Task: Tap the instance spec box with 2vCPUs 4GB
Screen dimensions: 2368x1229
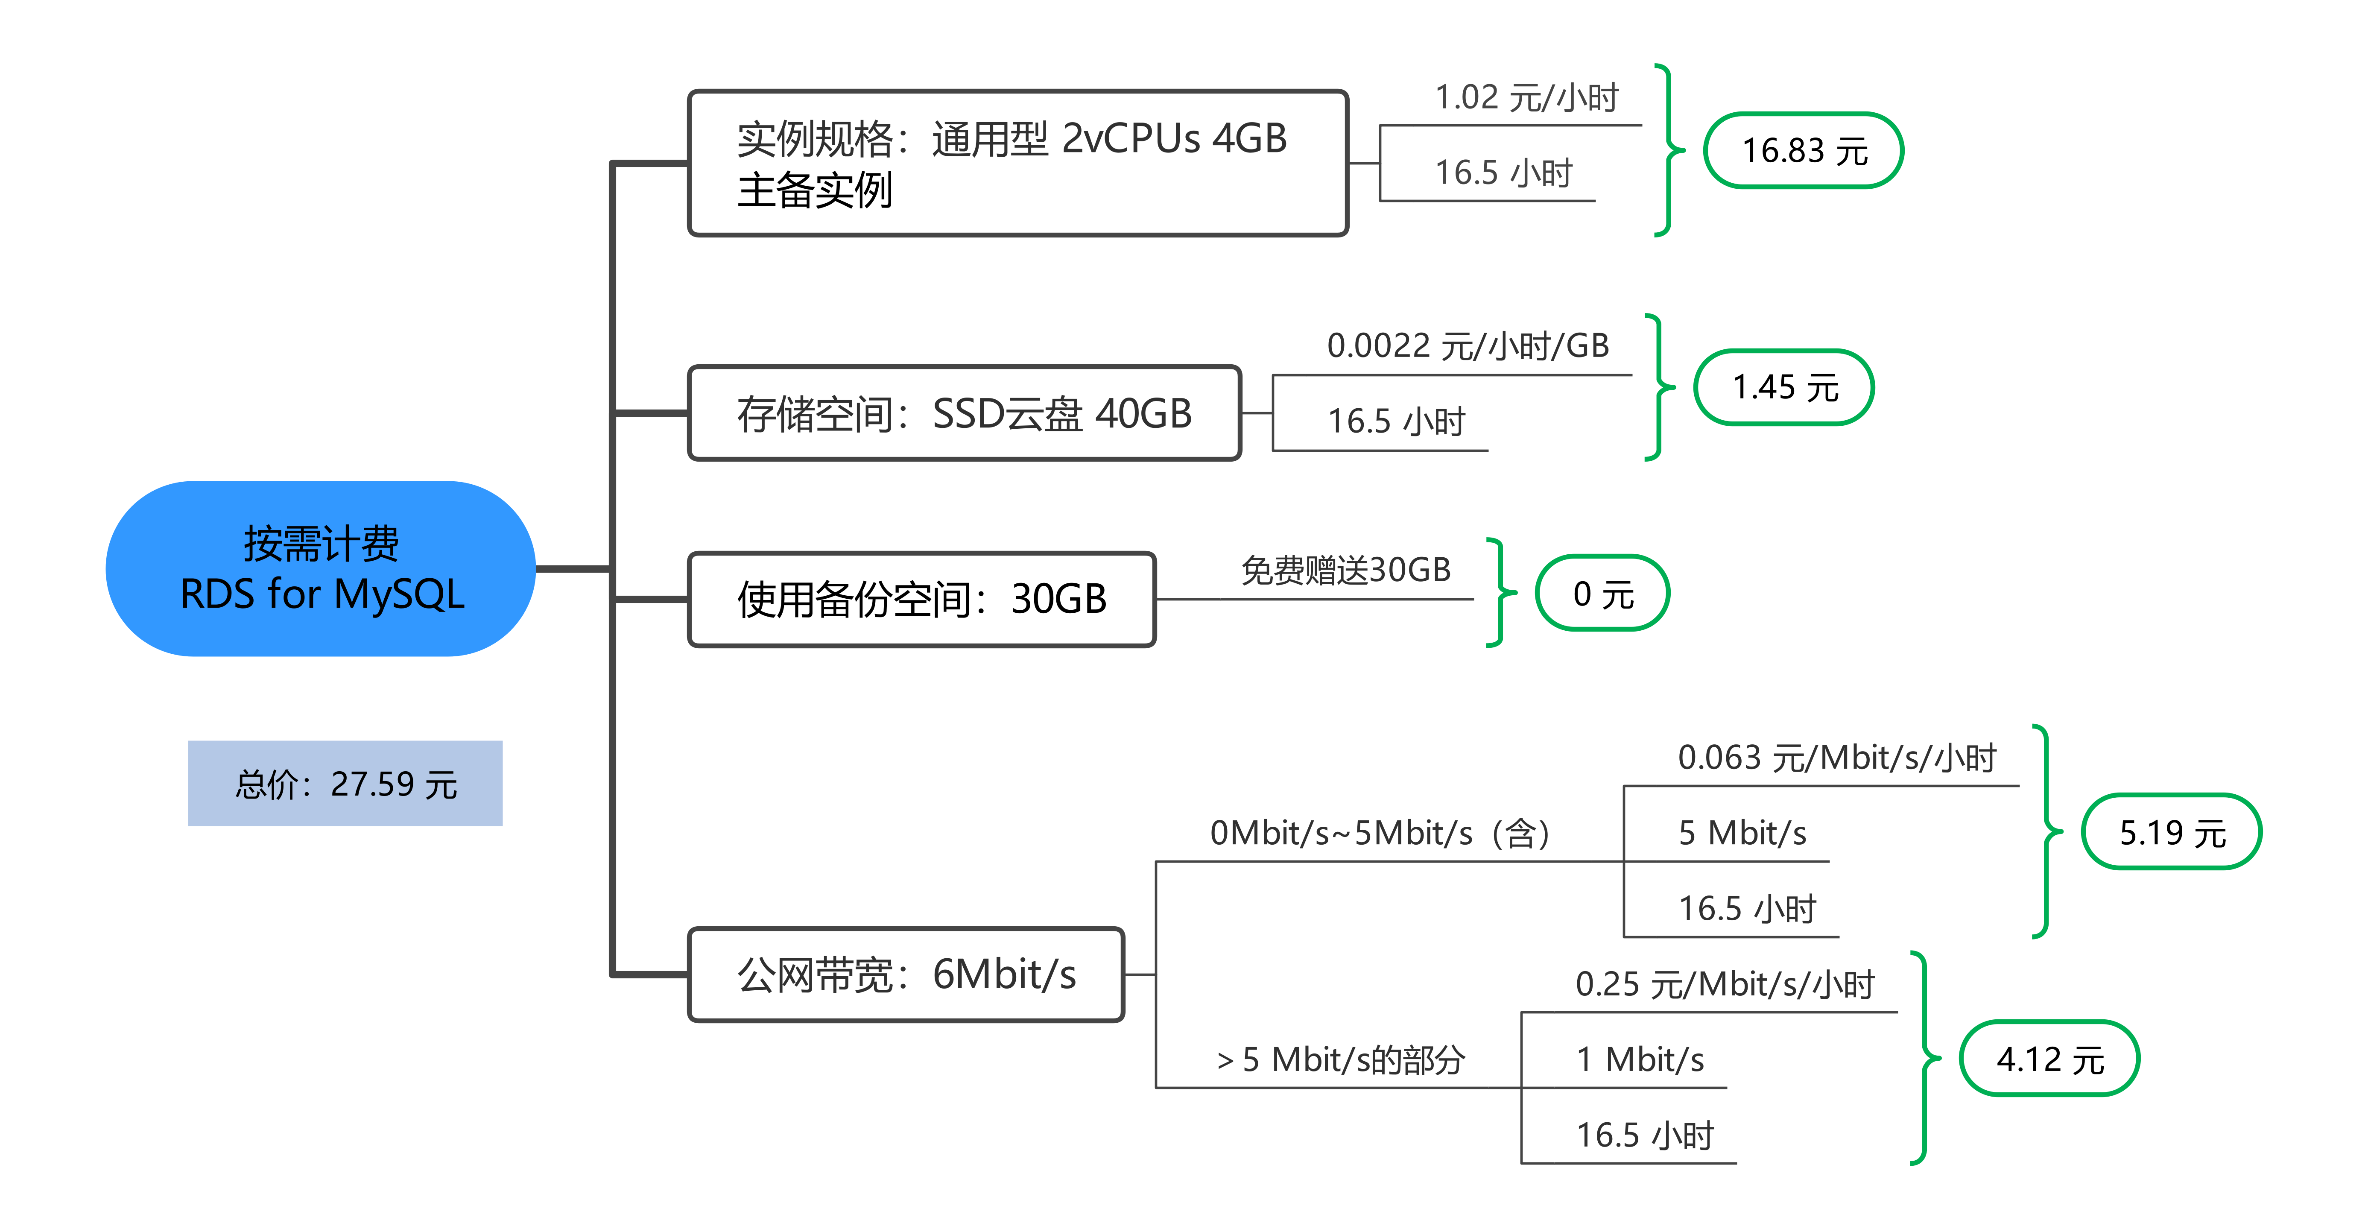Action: click(1017, 164)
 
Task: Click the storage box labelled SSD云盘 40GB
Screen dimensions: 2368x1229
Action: click(964, 413)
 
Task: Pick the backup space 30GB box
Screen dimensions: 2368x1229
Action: click(921, 599)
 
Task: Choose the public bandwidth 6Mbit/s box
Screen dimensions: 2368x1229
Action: click(906, 974)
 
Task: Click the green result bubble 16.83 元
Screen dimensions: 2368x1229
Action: click(1804, 151)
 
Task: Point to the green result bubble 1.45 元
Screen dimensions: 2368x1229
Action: click(1783, 387)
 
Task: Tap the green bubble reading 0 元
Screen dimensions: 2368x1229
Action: click(1602, 593)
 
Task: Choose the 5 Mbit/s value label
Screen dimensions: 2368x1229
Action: click(1742, 833)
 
